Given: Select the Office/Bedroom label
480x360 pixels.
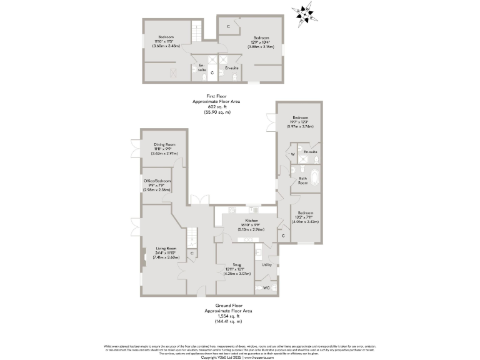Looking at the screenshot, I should (157, 181).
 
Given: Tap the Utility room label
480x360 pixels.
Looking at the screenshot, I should (267, 265).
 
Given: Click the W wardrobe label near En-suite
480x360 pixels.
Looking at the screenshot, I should (292, 154).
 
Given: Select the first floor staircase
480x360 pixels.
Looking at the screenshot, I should (197, 32).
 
